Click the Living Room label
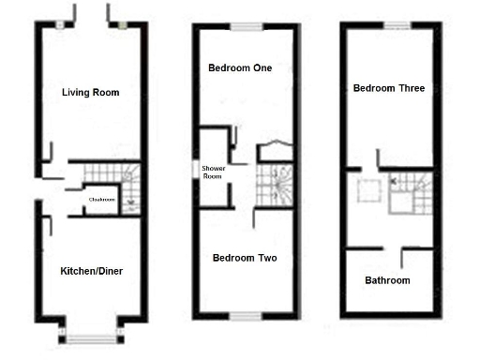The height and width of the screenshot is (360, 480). (x=90, y=92)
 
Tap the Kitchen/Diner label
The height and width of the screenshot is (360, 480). (x=91, y=271)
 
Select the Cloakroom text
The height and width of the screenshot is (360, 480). (x=101, y=200)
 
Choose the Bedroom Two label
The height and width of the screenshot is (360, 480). (x=245, y=258)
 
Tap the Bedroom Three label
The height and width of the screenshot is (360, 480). (x=388, y=88)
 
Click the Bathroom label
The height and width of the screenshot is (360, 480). (x=387, y=280)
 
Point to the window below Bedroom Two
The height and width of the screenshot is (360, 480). (x=247, y=314)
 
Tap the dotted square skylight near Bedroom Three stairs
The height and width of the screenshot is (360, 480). (x=367, y=191)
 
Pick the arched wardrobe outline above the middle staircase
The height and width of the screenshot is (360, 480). (x=274, y=152)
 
